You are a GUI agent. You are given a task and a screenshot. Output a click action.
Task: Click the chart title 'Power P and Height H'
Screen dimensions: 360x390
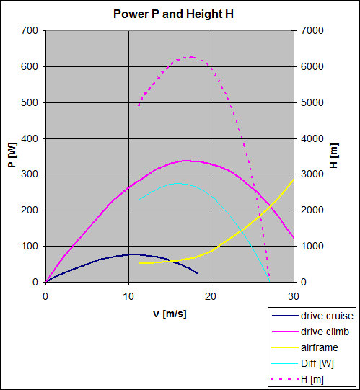pos(173,14)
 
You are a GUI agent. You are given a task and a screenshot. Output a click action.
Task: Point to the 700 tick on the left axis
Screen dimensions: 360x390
pos(30,30)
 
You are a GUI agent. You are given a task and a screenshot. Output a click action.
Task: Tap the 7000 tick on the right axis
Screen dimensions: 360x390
pos(312,30)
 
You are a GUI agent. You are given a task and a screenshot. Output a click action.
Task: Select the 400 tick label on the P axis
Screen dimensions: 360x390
pos(30,138)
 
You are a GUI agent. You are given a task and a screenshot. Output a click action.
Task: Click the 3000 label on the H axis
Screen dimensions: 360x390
pos(312,174)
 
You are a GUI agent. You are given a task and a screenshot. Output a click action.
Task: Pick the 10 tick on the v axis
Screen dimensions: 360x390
pos(128,296)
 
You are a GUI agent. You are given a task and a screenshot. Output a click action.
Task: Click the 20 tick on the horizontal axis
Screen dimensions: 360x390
pos(211,296)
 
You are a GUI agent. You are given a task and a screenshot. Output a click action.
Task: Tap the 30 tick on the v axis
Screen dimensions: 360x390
pos(294,296)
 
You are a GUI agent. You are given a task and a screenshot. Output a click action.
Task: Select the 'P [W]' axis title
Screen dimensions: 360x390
pos(12,155)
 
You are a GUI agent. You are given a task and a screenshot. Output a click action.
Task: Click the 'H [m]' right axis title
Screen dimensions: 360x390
pos(334,156)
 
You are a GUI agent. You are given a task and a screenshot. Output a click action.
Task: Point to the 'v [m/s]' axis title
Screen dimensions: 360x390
pos(170,314)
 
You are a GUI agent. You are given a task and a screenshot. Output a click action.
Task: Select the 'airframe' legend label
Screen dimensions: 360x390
pos(320,347)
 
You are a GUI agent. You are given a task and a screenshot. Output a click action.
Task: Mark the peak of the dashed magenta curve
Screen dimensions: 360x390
pos(190,57)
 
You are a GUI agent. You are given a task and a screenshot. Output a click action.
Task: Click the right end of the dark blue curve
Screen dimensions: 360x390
pos(198,273)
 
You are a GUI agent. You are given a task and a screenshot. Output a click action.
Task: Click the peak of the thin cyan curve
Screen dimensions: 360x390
pos(177,183)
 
